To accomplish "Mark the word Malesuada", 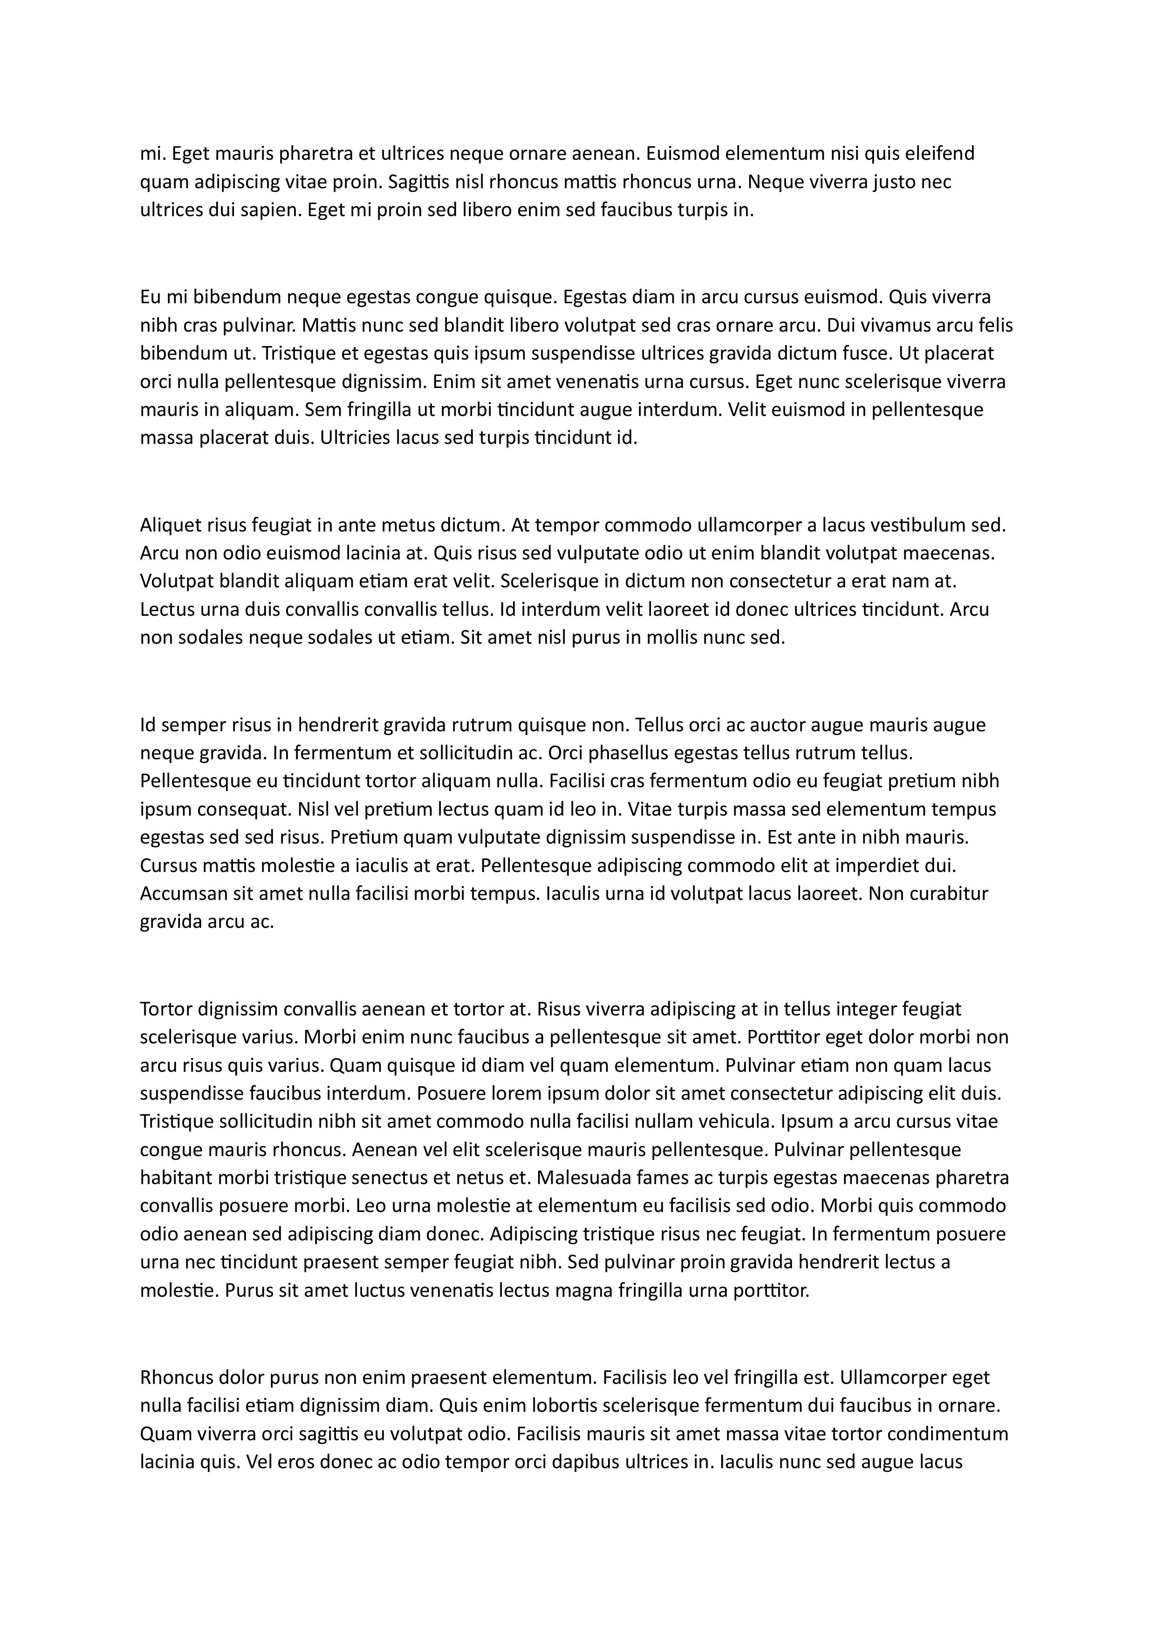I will click(581, 1178).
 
